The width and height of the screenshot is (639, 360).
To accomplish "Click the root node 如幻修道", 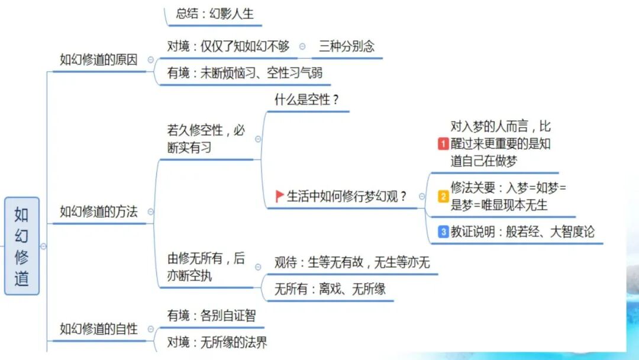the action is click(22, 246).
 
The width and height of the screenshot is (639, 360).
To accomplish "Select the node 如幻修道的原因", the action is click(98, 60).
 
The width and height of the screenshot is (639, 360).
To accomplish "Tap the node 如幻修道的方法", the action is click(98, 211).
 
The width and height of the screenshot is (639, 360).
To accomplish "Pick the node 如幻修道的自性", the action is click(98, 329).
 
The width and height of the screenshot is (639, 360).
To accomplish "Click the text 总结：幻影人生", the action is click(214, 14).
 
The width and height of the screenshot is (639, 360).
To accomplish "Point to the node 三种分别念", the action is click(347, 46).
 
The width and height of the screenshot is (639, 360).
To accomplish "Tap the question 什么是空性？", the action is click(306, 99).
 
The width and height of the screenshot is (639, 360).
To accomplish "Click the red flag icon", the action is click(280, 197).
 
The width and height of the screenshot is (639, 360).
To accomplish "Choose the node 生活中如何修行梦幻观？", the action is click(347, 197).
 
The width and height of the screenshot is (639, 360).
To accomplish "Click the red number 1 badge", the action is click(443, 144).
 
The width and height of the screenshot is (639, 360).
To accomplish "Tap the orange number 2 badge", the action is click(443, 197).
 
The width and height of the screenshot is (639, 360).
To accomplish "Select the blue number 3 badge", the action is click(443, 232).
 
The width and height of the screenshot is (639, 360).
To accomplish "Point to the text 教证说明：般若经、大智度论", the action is click(522, 232).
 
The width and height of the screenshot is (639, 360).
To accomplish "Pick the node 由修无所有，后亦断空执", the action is click(205, 267).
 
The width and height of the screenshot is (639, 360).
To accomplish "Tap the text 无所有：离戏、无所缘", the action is click(330, 290).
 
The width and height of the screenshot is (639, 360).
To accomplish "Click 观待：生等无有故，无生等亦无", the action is click(351, 262).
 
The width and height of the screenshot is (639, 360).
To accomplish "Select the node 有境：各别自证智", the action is click(211, 316).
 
